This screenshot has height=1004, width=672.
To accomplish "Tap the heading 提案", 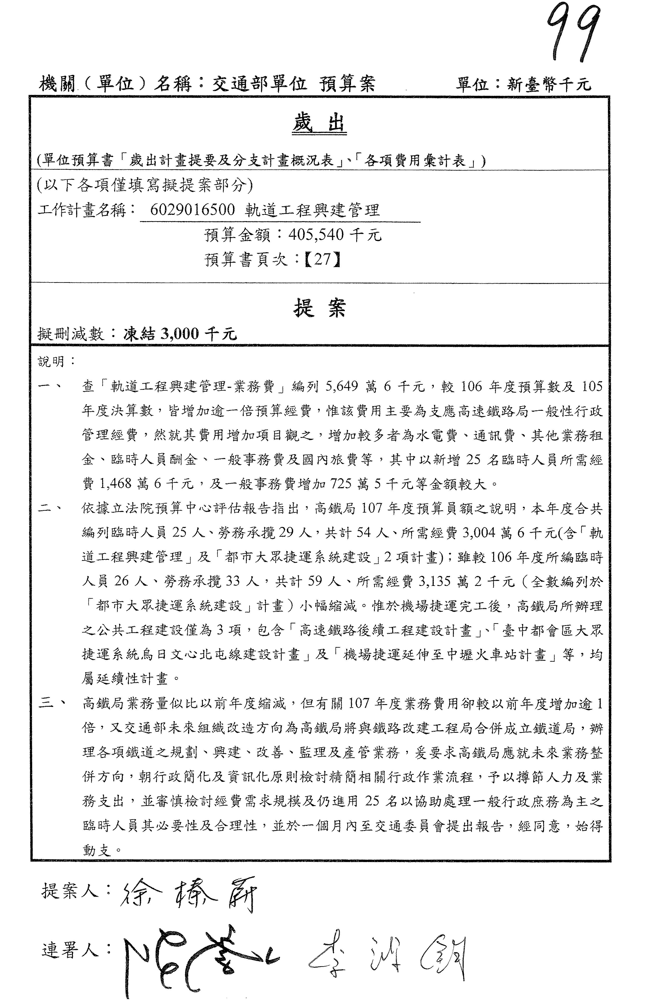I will point(320,308).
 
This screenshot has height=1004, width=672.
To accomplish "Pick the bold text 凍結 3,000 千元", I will point(180,334).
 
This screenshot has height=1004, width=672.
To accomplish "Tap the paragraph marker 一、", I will point(51,386).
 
